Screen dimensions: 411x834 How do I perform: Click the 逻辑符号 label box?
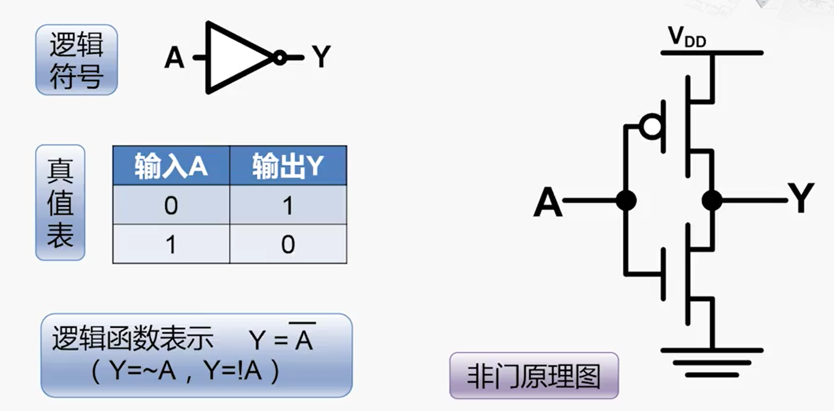pyautogui.click(x=76, y=60)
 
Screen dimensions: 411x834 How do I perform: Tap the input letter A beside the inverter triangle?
pyautogui.click(x=174, y=58)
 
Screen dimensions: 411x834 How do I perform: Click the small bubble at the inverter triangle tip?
pyautogui.click(x=280, y=58)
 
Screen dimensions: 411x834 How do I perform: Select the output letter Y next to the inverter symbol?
pyautogui.click(x=321, y=57)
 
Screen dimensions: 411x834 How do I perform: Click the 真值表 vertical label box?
pyautogui.click(x=60, y=202)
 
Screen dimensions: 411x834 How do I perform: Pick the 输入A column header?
pyautogui.click(x=171, y=166)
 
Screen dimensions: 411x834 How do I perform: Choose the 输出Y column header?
pyautogui.click(x=288, y=166)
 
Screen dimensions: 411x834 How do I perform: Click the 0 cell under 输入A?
pyautogui.click(x=171, y=206)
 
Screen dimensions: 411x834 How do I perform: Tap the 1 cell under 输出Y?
pyautogui.click(x=288, y=206)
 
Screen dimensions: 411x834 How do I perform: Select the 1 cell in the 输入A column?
pyautogui.click(x=171, y=245)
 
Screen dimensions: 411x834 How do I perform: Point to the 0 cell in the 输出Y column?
pyautogui.click(x=288, y=245)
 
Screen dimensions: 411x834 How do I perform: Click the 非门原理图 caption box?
pyautogui.click(x=534, y=376)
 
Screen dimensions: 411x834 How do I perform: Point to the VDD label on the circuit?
pyautogui.click(x=687, y=37)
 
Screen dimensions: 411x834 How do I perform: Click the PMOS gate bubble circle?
pyautogui.click(x=652, y=126)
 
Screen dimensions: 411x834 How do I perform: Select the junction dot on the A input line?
pyautogui.click(x=626, y=200)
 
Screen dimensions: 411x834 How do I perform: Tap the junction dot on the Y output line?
pyautogui.click(x=711, y=200)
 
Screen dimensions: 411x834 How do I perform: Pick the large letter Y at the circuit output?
pyautogui.click(x=801, y=198)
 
